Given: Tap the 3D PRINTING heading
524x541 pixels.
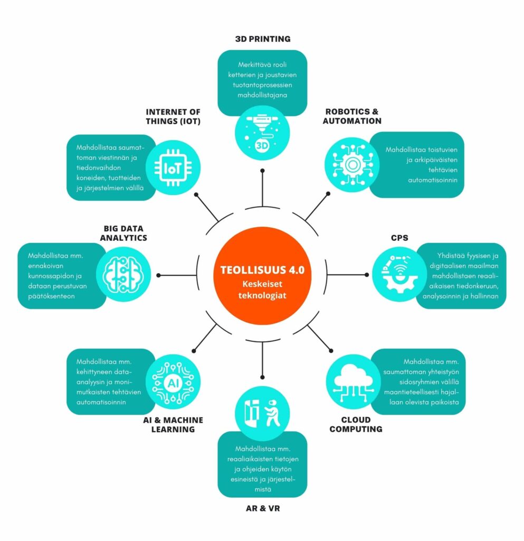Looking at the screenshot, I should click(262, 39).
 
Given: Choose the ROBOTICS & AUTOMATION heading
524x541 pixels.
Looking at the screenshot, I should click(353, 116).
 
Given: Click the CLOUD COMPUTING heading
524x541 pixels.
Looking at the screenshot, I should click(356, 424).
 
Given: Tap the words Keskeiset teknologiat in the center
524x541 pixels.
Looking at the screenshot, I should click(262, 290).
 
